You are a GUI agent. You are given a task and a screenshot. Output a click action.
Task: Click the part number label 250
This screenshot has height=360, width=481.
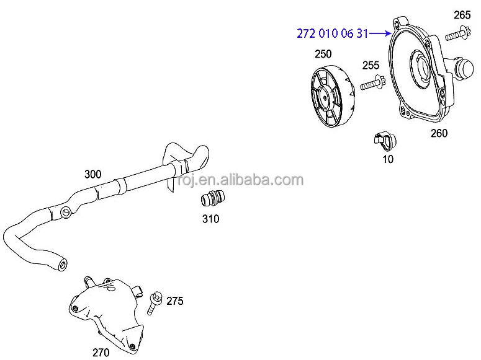point(323,54)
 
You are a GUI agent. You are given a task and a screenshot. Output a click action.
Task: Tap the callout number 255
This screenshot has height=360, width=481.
point(371,65)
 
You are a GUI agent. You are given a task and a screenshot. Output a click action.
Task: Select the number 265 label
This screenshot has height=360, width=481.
point(462,15)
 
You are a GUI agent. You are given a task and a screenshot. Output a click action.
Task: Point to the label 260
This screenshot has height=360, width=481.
point(439,133)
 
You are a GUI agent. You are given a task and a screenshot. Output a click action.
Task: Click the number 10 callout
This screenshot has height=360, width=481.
point(388,159)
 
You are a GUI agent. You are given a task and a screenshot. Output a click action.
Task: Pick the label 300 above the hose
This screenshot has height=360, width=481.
point(92,174)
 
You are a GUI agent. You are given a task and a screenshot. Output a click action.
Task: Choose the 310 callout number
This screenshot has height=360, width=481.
point(210,219)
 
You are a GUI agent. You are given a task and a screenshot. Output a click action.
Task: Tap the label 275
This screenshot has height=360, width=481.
point(174,301)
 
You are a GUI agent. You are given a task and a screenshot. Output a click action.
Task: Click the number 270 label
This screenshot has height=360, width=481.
point(101,353)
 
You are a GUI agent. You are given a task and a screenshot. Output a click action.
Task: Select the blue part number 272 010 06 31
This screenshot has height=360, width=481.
point(332,34)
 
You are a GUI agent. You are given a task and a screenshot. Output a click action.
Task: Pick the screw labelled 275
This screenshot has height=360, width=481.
point(155,304)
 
